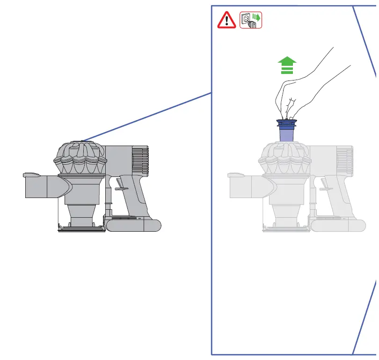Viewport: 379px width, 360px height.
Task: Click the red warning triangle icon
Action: [227, 21]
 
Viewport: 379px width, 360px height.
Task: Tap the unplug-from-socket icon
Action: [251, 21]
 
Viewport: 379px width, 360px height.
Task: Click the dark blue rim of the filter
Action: [287, 124]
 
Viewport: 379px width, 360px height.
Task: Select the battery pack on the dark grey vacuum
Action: [133, 225]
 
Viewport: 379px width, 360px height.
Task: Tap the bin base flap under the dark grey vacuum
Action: [80, 228]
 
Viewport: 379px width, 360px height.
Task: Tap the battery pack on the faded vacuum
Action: [338, 225]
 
